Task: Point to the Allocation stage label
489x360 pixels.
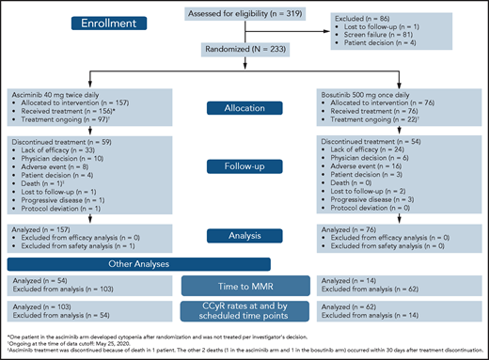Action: pos(244,111)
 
